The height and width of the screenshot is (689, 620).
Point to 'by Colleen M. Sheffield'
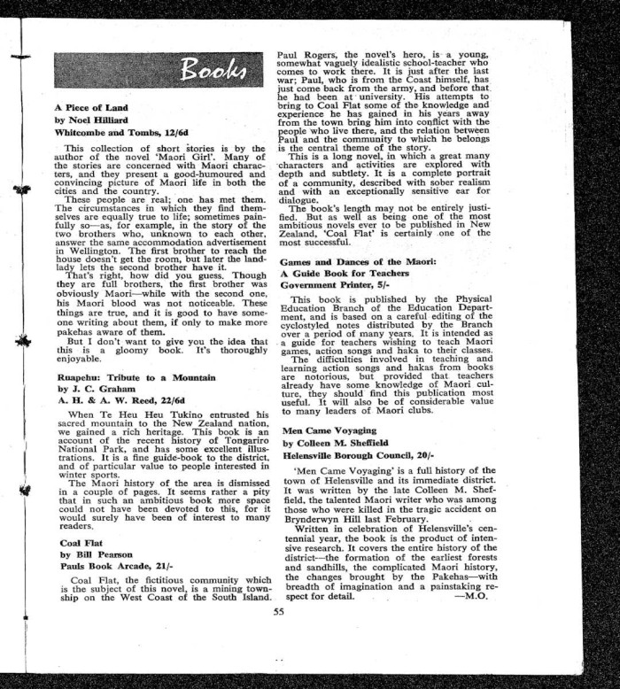pos(336,442)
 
